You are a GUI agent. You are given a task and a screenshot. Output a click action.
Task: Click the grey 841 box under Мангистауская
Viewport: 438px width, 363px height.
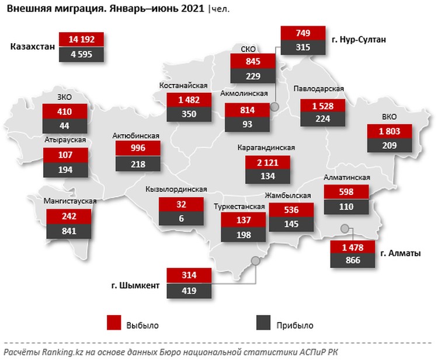point(69,231)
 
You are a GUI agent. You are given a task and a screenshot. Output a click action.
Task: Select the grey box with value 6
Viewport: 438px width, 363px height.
point(180,219)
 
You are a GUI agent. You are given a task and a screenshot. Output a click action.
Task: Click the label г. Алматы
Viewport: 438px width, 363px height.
point(401,253)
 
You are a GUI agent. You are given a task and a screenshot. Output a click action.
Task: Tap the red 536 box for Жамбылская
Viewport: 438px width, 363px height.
point(291,209)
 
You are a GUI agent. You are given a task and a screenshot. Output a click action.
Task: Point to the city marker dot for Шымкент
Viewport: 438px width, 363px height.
point(255,260)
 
